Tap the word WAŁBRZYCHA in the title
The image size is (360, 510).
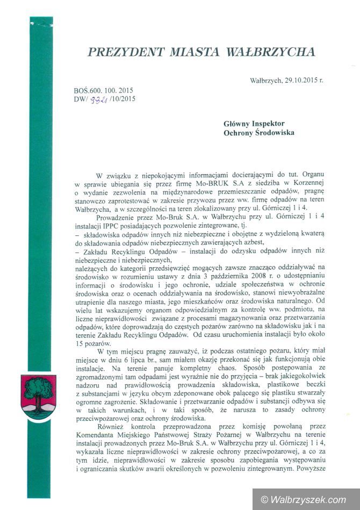tap(272, 52)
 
